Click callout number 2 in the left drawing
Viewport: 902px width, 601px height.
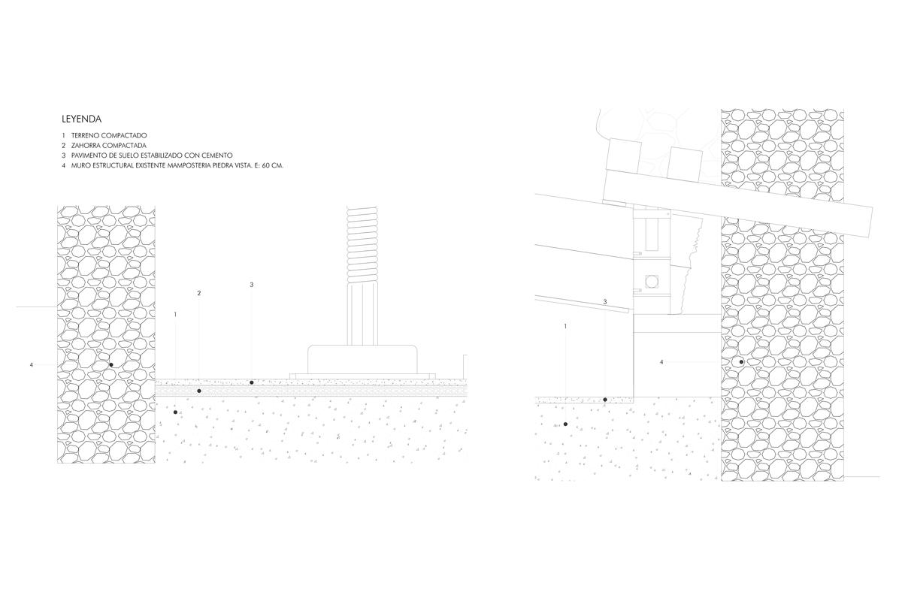point(198,293)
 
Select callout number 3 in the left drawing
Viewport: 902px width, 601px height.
point(251,285)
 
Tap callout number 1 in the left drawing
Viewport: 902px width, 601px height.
point(174,314)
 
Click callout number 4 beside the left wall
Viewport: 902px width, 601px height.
point(32,365)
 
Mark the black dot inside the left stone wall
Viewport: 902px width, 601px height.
point(111,365)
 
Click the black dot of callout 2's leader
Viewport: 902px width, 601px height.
point(198,391)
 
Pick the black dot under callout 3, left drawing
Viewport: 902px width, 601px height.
point(251,382)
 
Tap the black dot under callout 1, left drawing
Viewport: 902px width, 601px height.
point(174,412)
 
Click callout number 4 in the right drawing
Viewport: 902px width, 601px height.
point(661,362)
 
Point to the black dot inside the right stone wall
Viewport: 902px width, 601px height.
point(741,362)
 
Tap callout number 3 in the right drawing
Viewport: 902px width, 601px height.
point(605,302)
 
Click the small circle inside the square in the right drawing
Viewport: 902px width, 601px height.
point(651,282)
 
